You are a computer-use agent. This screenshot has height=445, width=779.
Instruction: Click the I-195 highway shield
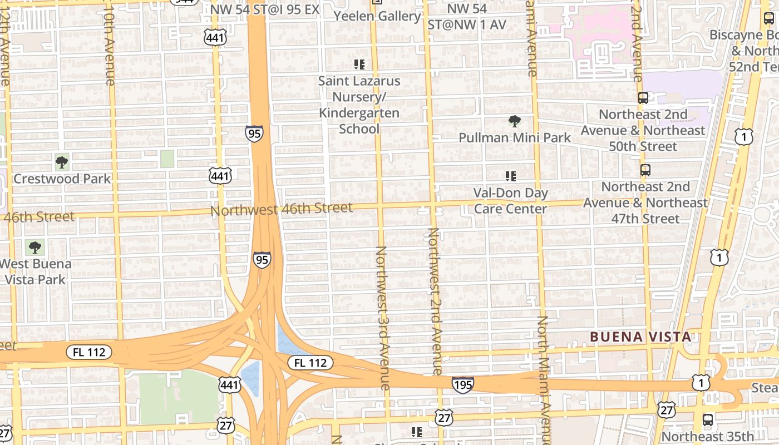pos(462,384)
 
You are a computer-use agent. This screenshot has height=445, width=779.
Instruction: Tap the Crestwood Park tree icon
pos(62,162)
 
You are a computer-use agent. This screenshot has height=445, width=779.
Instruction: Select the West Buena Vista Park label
pos(36,271)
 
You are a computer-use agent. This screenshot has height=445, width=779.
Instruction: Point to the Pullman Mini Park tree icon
pos(515,121)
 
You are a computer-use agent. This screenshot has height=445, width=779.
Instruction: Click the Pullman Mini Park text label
pos(515,137)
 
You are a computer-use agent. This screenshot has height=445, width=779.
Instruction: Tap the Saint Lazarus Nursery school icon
pos(359,65)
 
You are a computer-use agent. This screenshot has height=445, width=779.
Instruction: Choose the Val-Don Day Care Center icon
pos(510,176)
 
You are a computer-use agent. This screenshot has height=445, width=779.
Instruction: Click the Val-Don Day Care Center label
pos(510,201)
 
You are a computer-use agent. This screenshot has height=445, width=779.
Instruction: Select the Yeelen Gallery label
pos(377,16)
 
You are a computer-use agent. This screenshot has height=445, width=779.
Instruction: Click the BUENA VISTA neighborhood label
pos(640,337)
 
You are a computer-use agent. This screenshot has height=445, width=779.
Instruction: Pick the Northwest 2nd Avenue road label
pos(435,300)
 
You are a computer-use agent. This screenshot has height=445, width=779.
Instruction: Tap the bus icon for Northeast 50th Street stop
pos(643,98)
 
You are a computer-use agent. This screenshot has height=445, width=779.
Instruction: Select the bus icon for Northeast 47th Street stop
pos(645,170)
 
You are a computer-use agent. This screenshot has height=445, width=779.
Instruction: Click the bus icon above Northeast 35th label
pos(708,420)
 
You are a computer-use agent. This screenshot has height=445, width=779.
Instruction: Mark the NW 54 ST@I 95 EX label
pos(265,9)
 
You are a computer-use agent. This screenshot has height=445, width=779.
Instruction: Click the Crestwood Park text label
pos(62,179)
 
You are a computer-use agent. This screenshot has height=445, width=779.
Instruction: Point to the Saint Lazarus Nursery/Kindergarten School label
pos(359,105)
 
